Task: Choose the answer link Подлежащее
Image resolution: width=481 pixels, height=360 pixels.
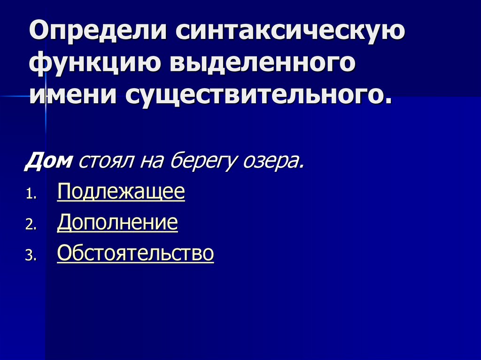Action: (x=121, y=192)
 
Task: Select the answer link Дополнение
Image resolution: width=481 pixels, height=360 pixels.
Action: (x=117, y=223)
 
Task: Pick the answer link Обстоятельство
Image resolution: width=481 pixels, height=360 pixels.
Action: (x=135, y=253)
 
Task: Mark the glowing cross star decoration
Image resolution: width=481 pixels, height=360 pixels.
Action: (x=46, y=96)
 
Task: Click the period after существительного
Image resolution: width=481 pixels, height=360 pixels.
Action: (x=387, y=100)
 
